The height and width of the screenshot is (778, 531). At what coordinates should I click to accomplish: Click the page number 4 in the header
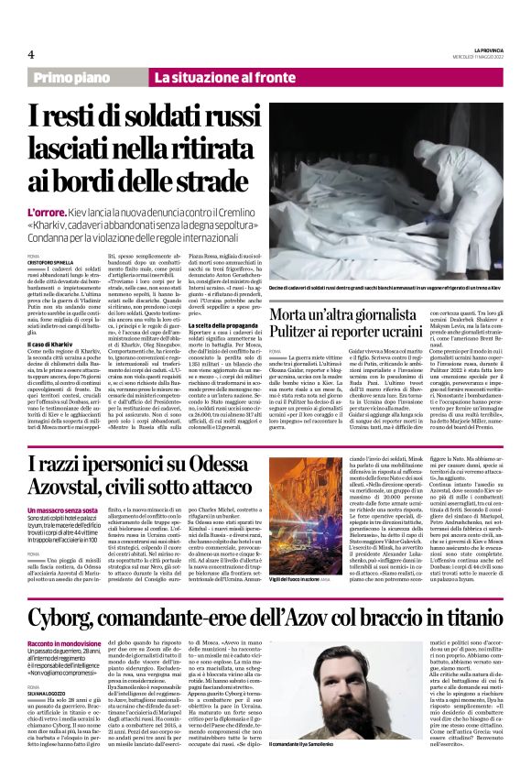(31, 55)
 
